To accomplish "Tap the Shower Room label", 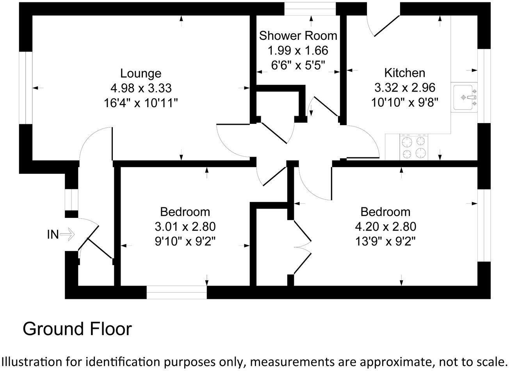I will pos(298,36).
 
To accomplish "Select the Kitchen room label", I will pos(404,73).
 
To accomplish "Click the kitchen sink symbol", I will pos(464,97).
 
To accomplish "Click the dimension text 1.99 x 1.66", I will pos(298,51).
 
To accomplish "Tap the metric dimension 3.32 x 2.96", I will pos(404,88).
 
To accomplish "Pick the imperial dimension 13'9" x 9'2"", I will pos(385,242).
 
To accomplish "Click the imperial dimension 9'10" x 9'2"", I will pos(185,242).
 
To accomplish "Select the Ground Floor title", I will pos(77,329).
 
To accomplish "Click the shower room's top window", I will pos(310,9).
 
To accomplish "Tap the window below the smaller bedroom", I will pos(176,292).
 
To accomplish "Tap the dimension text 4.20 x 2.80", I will pos(385,227).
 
